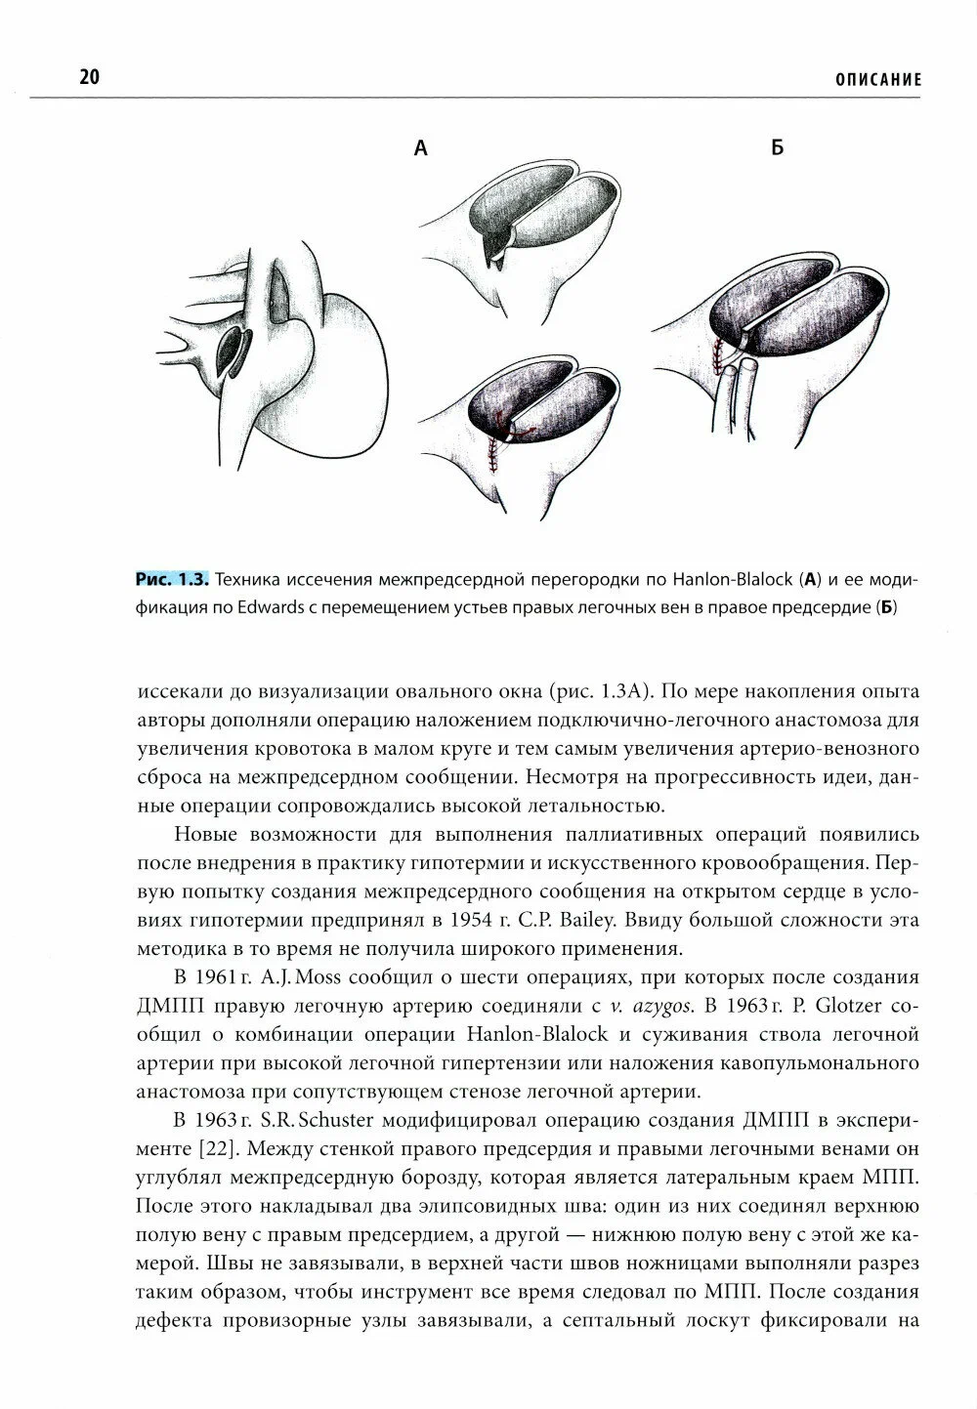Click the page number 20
[88, 78]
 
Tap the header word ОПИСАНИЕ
[877, 80]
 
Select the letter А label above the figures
[421, 148]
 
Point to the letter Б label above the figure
[777, 148]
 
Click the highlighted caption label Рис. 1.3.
[171, 580]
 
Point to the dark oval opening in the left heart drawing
[234, 352]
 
